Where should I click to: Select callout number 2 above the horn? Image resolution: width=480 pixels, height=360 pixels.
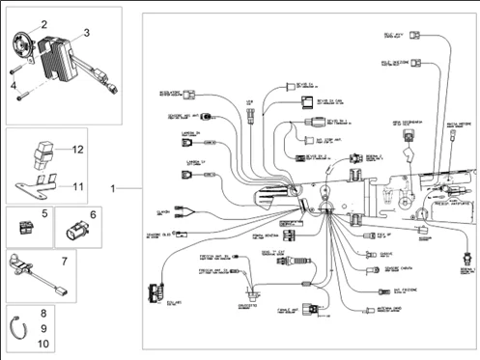[x=43, y=23]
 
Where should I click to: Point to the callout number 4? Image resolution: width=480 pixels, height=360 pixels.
[x=14, y=85]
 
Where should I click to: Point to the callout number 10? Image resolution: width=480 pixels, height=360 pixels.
[x=43, y=343]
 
